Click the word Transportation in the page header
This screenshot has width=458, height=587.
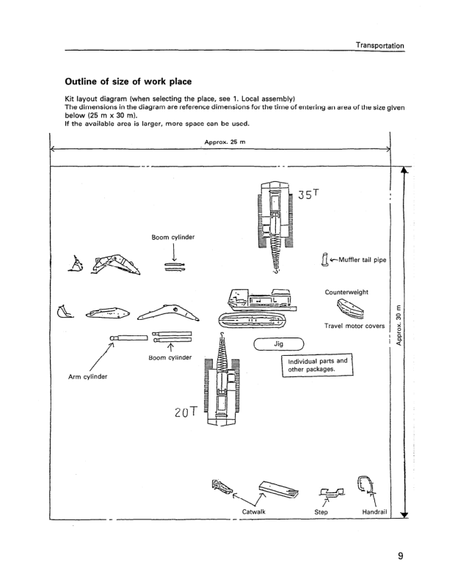(379, 45)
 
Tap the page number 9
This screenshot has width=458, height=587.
(401, 556)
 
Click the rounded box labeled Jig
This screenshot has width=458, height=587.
(278, 343)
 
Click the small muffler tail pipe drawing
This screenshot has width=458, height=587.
(324, 260)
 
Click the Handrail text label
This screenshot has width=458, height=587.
(375, 511)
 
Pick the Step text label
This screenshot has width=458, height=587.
(321, 511)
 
